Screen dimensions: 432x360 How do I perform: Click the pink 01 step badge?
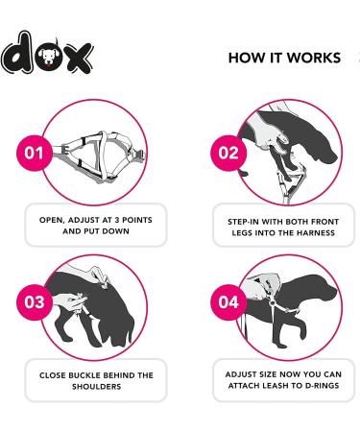(x=35, y=153)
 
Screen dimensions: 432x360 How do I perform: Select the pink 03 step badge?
(x=35, y=301)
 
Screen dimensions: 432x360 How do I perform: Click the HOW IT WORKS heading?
(x=284, y=58)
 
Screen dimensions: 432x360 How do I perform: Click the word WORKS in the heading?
(x=317, y=58)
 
